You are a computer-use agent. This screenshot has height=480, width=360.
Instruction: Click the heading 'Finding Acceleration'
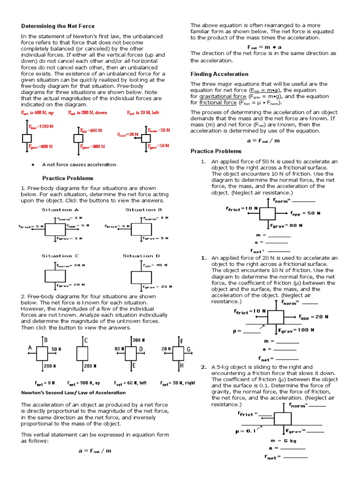(219, 74)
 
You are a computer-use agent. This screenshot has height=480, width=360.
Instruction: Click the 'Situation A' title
(60, 210)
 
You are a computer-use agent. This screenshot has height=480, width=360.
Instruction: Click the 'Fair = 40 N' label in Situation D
(155, 265)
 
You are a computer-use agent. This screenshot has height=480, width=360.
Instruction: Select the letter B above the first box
(46, 339)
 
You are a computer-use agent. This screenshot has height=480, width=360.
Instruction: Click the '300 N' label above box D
(139, 339)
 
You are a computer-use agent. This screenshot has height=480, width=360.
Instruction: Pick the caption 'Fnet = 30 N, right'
(177, 383)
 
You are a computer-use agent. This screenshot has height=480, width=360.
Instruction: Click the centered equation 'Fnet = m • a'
(264, 47)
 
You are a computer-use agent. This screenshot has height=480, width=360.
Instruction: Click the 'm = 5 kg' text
(283, 441)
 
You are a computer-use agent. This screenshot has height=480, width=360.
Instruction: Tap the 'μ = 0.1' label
(245, 432)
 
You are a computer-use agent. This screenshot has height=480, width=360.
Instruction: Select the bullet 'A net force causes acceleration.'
(80, 165)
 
